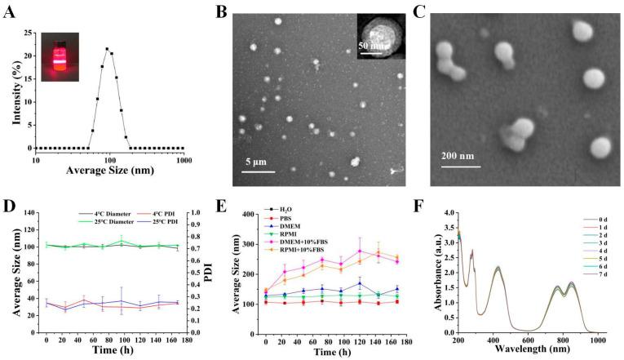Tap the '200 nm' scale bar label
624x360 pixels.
(462, 157)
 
